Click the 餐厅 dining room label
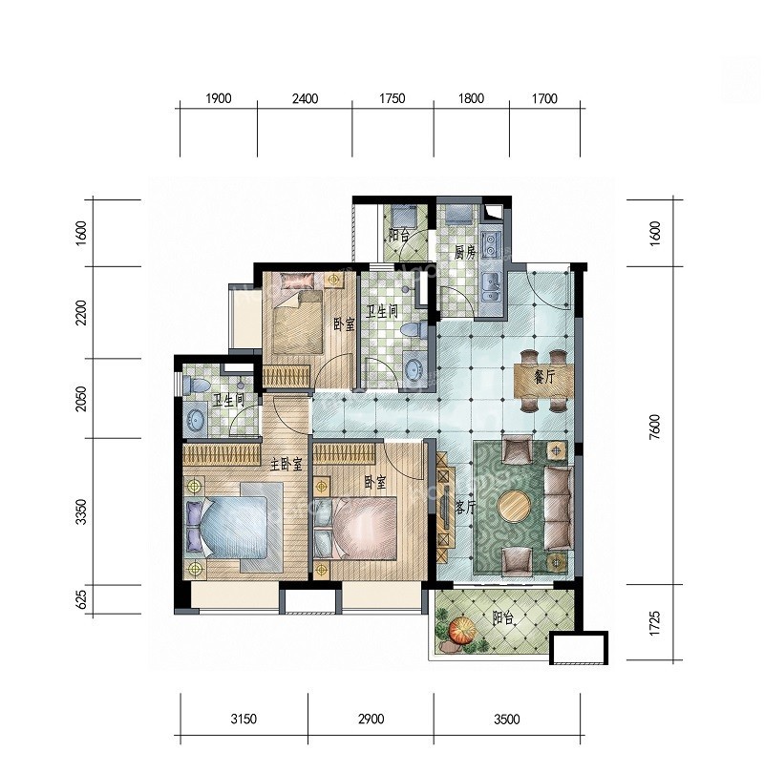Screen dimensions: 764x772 click(x=543, y=378)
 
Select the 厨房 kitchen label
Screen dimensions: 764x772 click(x=465, y=253)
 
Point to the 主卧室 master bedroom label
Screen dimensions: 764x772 click(x=286, y=464)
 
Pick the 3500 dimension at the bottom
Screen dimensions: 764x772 click(x=507, y=720)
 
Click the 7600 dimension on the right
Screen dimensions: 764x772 click(x=654, y=427)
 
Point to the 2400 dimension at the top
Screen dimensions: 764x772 click(x=305, y=99)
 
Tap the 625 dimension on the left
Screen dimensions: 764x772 click(x=82, y=599)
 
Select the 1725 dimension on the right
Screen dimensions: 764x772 click(x=654, y=623)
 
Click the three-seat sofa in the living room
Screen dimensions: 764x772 click(x=559, y=508)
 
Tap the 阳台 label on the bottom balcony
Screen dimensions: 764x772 click(x=502, y=618)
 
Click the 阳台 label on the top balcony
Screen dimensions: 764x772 click(x=398, y=235)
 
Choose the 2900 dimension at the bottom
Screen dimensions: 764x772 click(x=371, y=720)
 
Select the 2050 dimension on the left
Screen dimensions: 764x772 click(x=82, y=398)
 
